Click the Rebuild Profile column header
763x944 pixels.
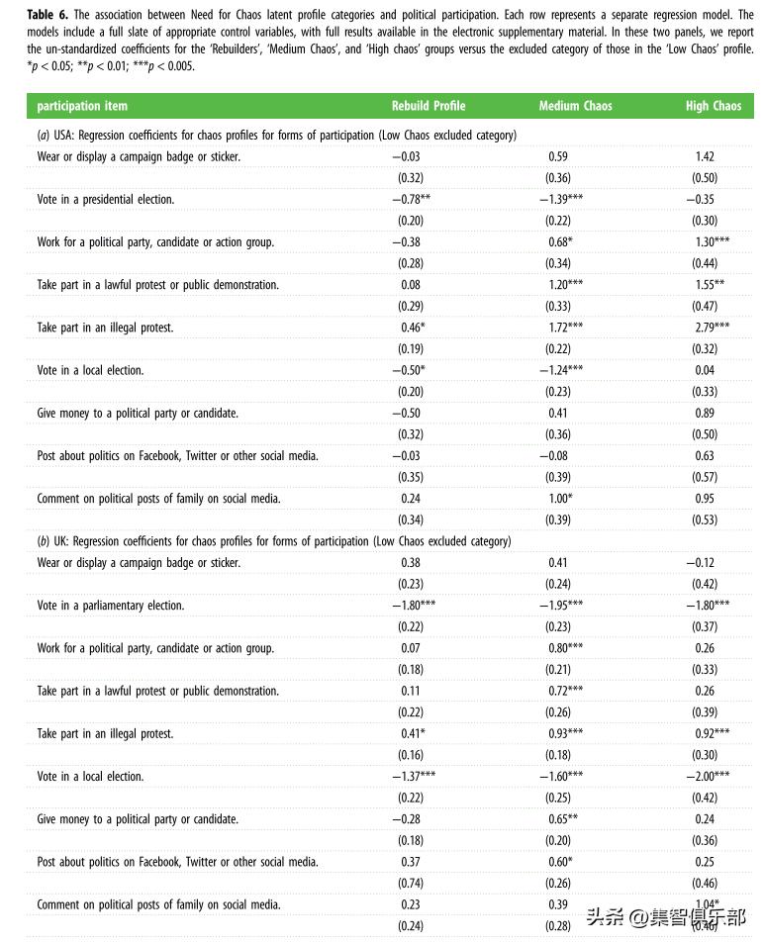pos(428,106)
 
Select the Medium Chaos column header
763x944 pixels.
pos(574,106)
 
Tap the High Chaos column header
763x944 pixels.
pos(713,106)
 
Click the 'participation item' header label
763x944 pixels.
pos(82,106)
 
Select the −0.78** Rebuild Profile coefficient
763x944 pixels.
pos(410,199)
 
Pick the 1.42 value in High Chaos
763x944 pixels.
pos(704,156)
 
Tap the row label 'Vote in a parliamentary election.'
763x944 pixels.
pos(111,606)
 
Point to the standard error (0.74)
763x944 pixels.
pos(410,883)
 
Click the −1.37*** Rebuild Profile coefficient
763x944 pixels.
pos(412,777)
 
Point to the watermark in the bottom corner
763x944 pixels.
pos(666,917)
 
